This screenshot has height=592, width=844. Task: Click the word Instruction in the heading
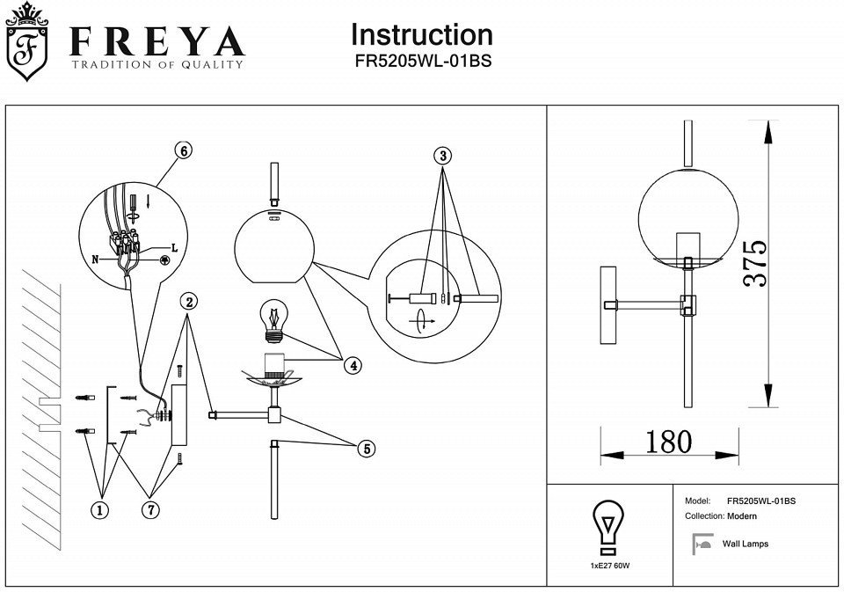[x=421, y=35]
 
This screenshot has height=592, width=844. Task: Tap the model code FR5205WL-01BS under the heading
[x=421, y=62]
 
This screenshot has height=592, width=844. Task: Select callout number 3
[x=442, y=156]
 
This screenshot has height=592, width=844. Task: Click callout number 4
[x=352, y=365]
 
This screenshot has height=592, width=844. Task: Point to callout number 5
[x=366, y=449]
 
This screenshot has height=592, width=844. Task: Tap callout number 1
[x=103, y=509]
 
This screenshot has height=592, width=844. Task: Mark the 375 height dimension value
[x=754, y=263]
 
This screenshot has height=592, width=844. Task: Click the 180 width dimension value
[x=668, y=442]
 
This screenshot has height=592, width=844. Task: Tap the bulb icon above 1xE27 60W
[x=609, y=526]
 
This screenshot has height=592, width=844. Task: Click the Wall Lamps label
[x=745, y=544]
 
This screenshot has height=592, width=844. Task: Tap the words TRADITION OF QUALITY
[x=156, y=65]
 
